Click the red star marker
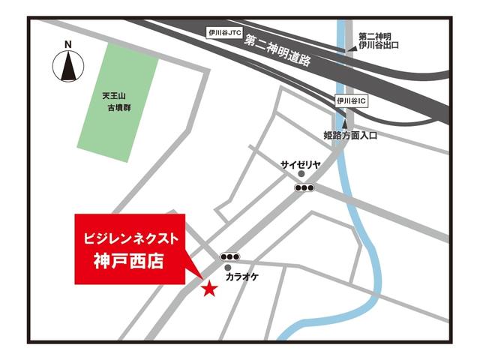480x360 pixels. (209, 287)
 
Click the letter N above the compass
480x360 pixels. (68, 44)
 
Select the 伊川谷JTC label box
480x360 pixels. (226, 32)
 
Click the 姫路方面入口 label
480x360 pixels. (350, 136)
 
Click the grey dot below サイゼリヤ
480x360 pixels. (301, 175)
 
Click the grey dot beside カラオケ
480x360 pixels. (228, 267)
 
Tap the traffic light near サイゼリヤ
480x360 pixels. (304, 187)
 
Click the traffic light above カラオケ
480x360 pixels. (230, 256)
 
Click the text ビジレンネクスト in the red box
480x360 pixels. (130, 238)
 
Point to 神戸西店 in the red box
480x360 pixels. (129, 262)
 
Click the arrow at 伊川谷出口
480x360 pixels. (350, 49)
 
